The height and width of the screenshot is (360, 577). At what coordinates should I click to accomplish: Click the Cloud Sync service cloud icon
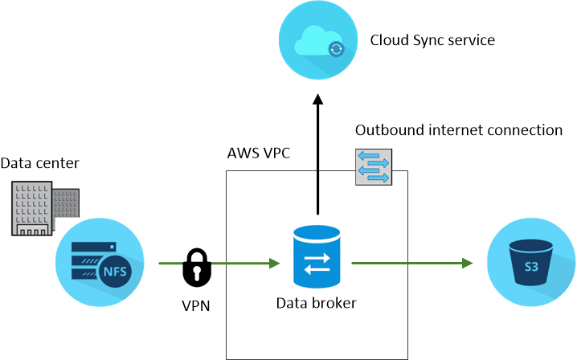(x=317, y=41)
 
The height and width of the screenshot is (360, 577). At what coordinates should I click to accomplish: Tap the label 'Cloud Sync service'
(x=432, y=39)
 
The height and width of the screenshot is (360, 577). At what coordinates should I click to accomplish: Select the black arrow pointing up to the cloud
(x=317, y=153)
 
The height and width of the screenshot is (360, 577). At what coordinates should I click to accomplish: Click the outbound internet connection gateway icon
(x=373, y=167)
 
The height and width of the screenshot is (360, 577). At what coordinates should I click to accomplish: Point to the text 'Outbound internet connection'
(x=458, y=130)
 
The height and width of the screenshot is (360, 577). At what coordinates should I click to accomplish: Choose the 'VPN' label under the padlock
(x=198, y=305)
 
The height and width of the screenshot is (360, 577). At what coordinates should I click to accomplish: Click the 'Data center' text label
(x=39, y=163)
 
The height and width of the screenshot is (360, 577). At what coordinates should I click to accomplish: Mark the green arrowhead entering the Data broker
(x=273, y=263)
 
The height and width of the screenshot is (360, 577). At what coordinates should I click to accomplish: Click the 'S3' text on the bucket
(x=531, y=266)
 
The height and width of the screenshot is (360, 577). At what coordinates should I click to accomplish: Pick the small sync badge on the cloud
(x=336, y=50)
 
